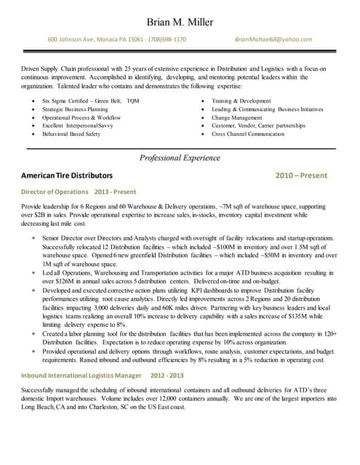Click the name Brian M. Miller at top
tap(180, 22)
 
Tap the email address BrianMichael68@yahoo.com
tap(273, 39)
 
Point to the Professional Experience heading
tap(180, 158)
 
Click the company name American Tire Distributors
tap(67, 176)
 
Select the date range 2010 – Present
tap(301, 176)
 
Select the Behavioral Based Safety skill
tap(71, 134)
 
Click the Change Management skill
tap(237, 117)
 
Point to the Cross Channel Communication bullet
tap(248, 134)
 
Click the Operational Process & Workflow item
tap(81, 117)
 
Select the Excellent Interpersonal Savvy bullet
tap(78, 126)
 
